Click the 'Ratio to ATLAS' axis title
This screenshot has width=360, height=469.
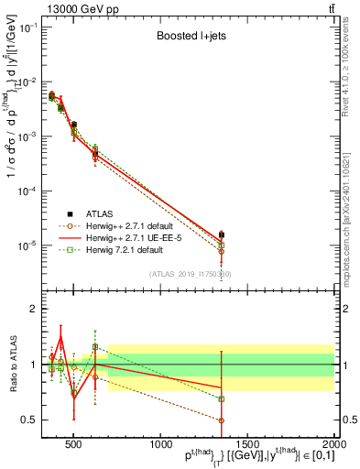pos(12,365)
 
